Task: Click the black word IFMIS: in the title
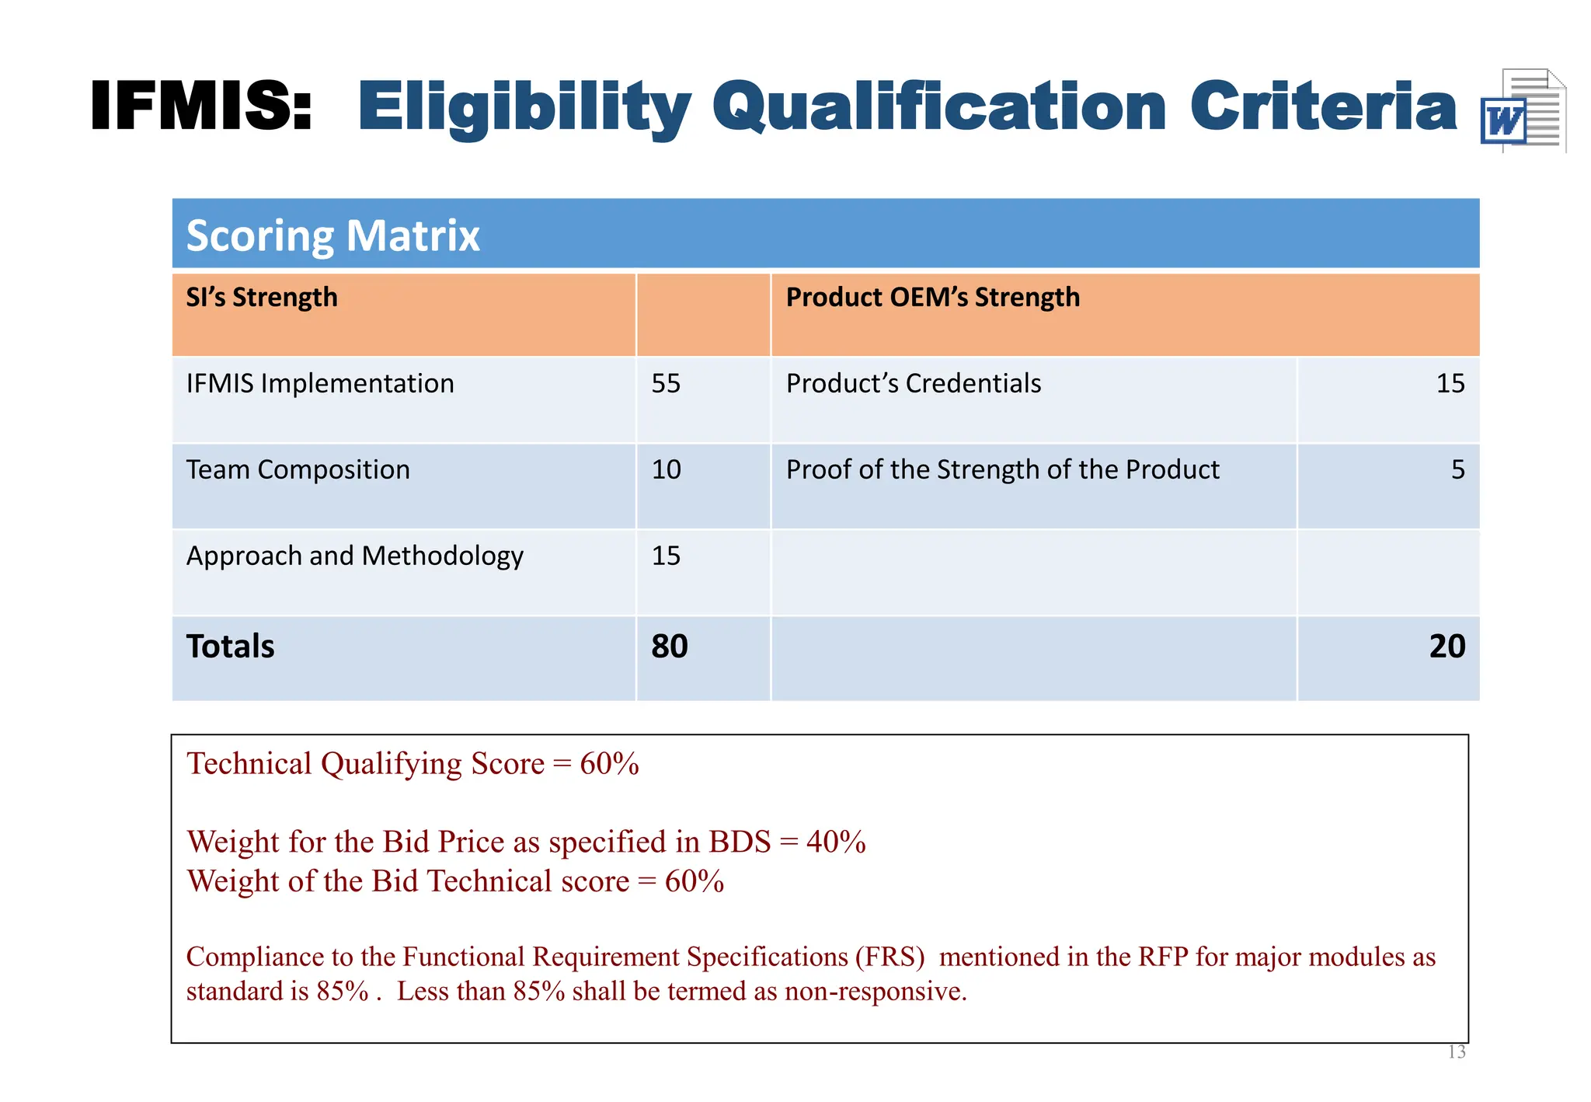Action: pos(201,106)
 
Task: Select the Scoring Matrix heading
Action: pos(333,235)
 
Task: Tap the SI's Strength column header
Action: pos(262,298)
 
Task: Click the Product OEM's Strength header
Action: pos(932,298)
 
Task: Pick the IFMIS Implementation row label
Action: pos(320,384)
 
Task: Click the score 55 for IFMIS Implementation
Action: pos(666,384)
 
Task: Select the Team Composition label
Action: pos(298,470)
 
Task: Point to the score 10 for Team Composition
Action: pos(666,470)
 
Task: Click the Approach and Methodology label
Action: pos(354,556)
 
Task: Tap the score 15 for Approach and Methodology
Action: pos(666,556)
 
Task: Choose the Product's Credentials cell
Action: pos(913,384)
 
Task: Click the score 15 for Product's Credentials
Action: pos(1450,384)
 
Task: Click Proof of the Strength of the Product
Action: pos(1002,470)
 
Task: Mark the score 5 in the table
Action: pos(1457,470)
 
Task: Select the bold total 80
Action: pos(669,647)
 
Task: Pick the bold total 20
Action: pos(1447,647)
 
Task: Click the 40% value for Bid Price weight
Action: pos(836,842)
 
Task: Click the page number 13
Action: pos(1457,1052)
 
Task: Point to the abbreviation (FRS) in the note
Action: pos(889,957)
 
